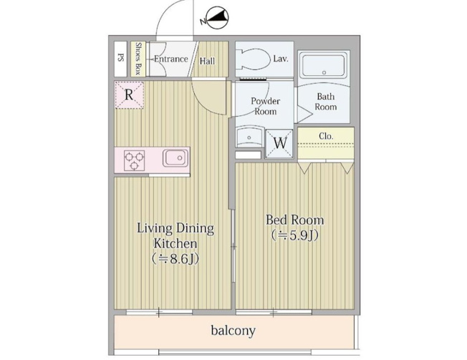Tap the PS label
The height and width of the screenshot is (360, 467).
(120, 57)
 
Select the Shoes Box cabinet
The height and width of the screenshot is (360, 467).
(138, 59)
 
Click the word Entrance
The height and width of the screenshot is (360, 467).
(171, 59)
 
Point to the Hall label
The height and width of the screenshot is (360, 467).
(207, 62)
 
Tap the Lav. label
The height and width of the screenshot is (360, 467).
(281, 59)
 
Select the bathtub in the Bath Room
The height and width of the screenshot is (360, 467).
(324, 65)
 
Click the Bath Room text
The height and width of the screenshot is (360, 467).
(326, 102)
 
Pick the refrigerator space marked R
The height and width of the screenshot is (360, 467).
(129, 95)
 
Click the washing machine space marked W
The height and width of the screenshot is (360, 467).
(279, 143)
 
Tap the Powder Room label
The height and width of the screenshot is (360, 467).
(265, 106)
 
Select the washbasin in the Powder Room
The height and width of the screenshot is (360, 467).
(249, 137)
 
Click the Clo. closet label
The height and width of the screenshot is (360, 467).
(326, 136)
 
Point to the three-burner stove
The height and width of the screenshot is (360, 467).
(134, 160)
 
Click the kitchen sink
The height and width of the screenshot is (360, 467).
(175, 157)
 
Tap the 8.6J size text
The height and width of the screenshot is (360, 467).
(175, 259)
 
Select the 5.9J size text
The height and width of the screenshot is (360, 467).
(295, 235)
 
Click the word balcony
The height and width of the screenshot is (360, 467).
(233, 331)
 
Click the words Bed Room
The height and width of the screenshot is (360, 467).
(295, 220)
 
